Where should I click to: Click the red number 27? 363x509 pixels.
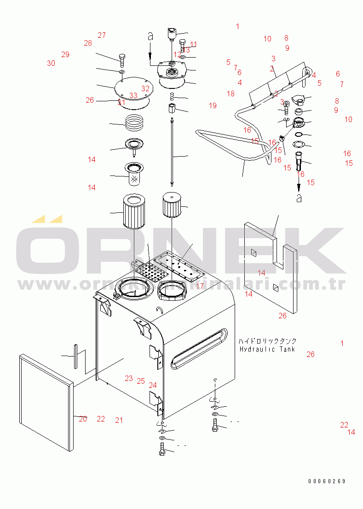pos(102,35)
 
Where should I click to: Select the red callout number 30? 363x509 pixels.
pos(51,64)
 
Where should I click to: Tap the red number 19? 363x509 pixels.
pos(212,106)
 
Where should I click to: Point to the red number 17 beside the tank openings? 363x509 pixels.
pos(200,286)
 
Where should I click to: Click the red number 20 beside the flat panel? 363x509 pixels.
pos(83,419)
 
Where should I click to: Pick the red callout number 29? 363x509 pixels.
pos(65,54)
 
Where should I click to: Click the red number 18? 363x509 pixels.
pos(230,94)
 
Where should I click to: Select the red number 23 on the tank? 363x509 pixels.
pos(129,378)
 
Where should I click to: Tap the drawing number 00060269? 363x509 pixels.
pos(327,481)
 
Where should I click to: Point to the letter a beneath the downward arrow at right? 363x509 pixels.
pos(299,198)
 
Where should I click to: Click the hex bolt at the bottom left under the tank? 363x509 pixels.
pos(162,449)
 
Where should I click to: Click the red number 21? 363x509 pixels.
pos(119,420)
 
